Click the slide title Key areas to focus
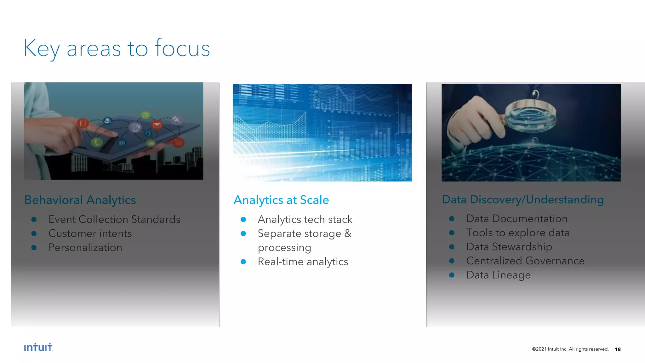coord(117,48)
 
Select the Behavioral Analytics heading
coord(80,200)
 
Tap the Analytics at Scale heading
coord(281,200)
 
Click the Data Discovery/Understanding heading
coord(523,199)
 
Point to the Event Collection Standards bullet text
coord(114,219)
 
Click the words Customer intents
coord(90,233)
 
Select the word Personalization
coord(85,248)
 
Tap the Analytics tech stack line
coord(305,219)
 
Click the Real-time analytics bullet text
coord(303,262)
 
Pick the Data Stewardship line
coord(509,247)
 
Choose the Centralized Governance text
coord(525,261)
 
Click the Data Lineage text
coord(498,275)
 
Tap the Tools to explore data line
coord(518,233)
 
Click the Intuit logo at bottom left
coord(38,347)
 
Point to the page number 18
coord(618,349)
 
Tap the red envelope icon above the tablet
coord(157,125)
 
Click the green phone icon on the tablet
coord(96,142)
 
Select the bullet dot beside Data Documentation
coord(452,219)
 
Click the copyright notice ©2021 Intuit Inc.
coord(570,349)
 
